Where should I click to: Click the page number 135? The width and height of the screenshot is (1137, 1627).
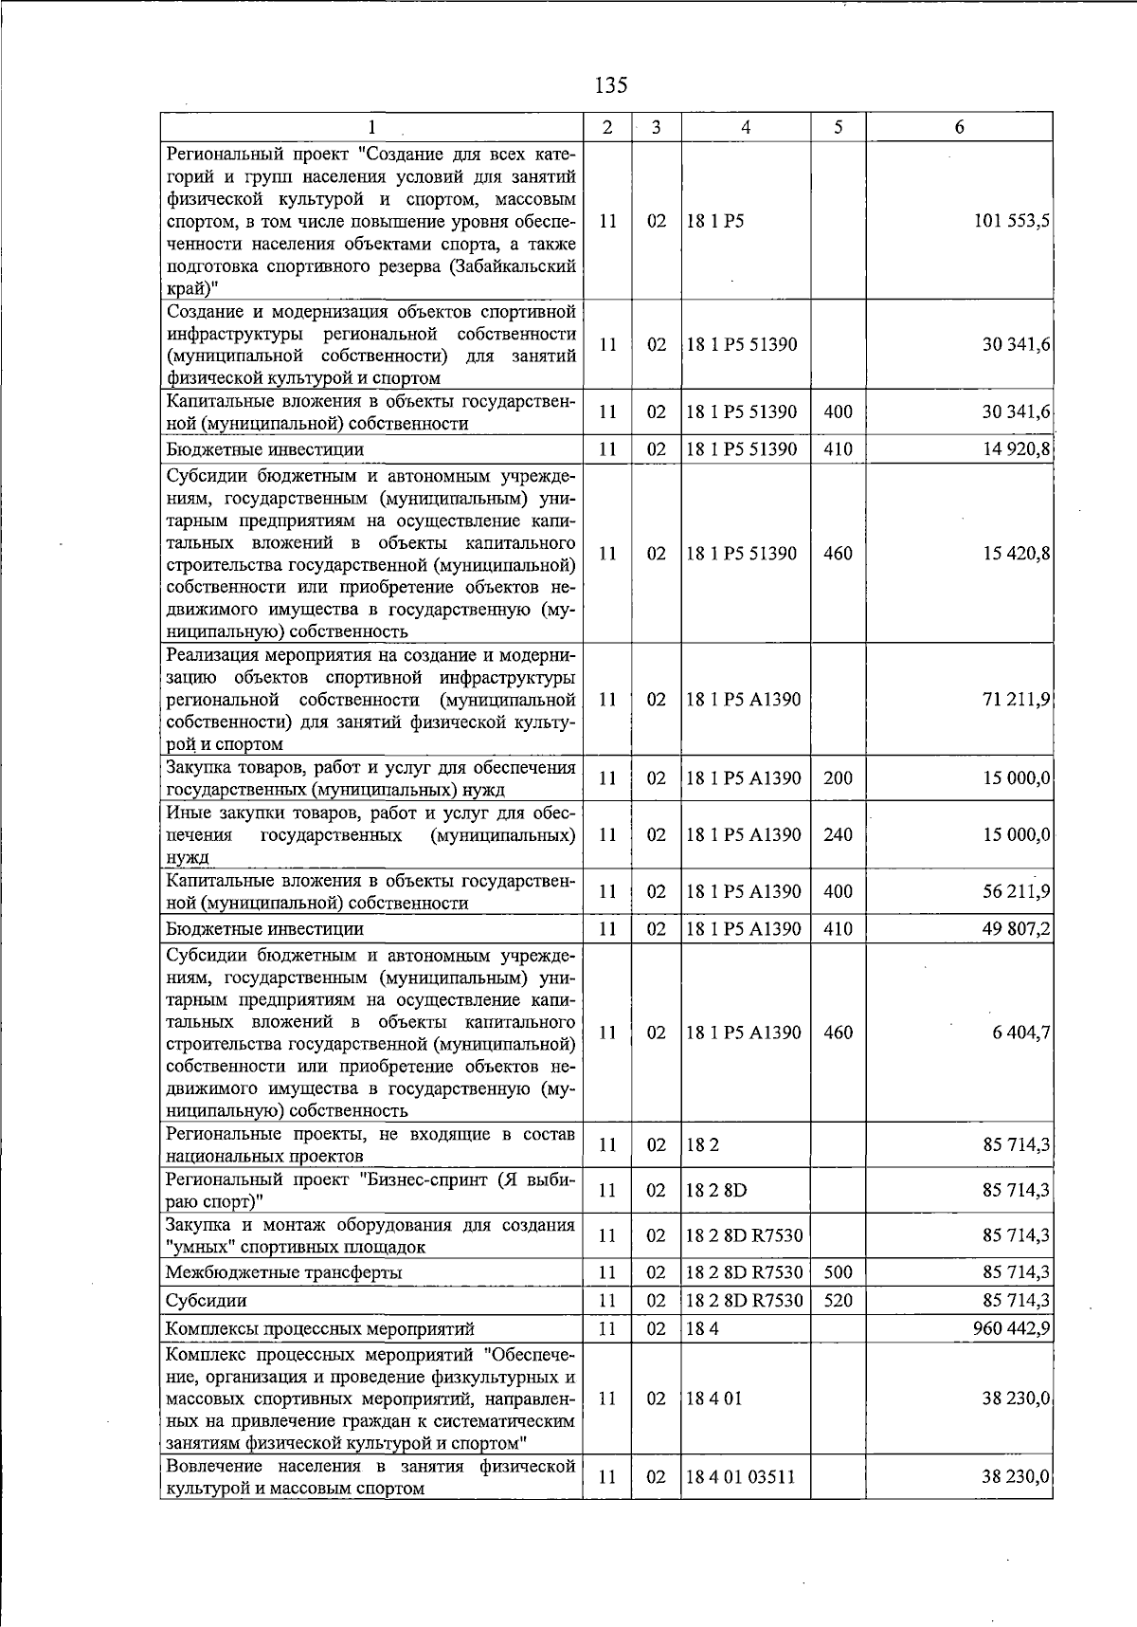click(x=611, y=85)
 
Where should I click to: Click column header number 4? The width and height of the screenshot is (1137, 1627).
click(x=746, y=127)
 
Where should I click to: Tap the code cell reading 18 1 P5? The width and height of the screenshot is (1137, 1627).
click(x=715, y=221)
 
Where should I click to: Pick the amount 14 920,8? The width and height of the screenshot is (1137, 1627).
click(x=1016, y=449)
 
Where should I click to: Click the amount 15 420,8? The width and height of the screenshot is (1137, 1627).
click(x=1016, y=554)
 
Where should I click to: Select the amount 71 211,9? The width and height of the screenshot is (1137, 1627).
click(x=1016, y=700)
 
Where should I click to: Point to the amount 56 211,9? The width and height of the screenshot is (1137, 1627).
click(x=1016, y=892)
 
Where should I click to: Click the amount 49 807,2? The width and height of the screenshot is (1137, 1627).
click(x=1016, y=929)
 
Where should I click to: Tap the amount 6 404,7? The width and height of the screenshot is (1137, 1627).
click(x=1020, y=1033)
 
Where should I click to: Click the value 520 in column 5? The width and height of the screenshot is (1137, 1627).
click(x=838, y=1301)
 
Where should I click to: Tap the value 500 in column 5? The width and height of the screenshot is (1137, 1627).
click(x=838, y=1272)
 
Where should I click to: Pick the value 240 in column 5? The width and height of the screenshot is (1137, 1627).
click(x=838, y=835)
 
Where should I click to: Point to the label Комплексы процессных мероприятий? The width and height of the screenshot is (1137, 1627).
click(x=319, y=1329)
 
